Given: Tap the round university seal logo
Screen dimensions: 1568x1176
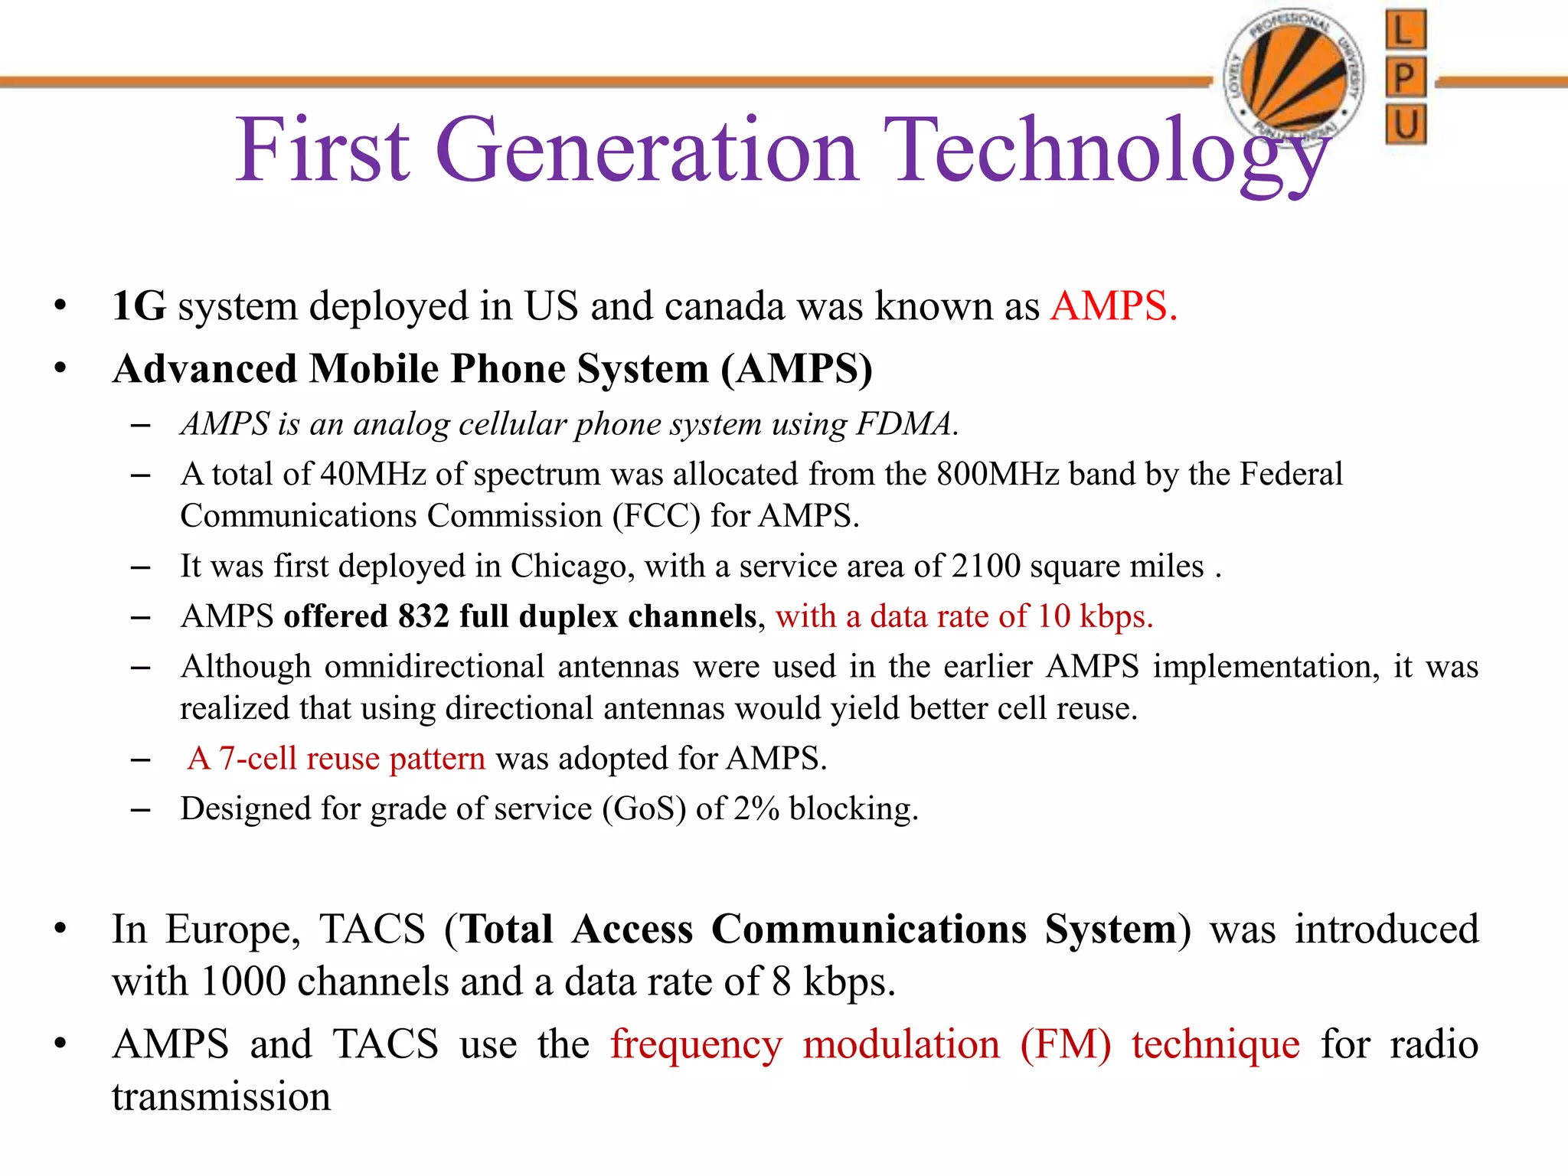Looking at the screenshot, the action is click(1294, 77).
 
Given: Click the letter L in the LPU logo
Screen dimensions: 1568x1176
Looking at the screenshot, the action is click(1406, 31).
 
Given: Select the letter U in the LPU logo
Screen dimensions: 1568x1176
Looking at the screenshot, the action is click(1406, 123).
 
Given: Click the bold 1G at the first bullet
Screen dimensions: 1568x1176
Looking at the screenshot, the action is click(139, 306).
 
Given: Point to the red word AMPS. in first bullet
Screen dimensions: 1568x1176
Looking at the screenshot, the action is click(1114, 306).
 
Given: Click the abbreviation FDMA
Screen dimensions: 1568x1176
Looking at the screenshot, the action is click(907, 423).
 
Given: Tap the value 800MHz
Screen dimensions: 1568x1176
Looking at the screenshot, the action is click(998, 474).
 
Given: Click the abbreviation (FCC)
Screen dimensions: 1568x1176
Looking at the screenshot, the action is click(656, 516).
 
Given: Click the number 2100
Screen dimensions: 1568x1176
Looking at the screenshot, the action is click(986, 567).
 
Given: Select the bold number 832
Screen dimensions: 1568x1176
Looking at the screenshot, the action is click(423, 616).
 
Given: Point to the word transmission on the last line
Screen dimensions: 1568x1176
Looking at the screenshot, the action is click(221, 1097).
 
